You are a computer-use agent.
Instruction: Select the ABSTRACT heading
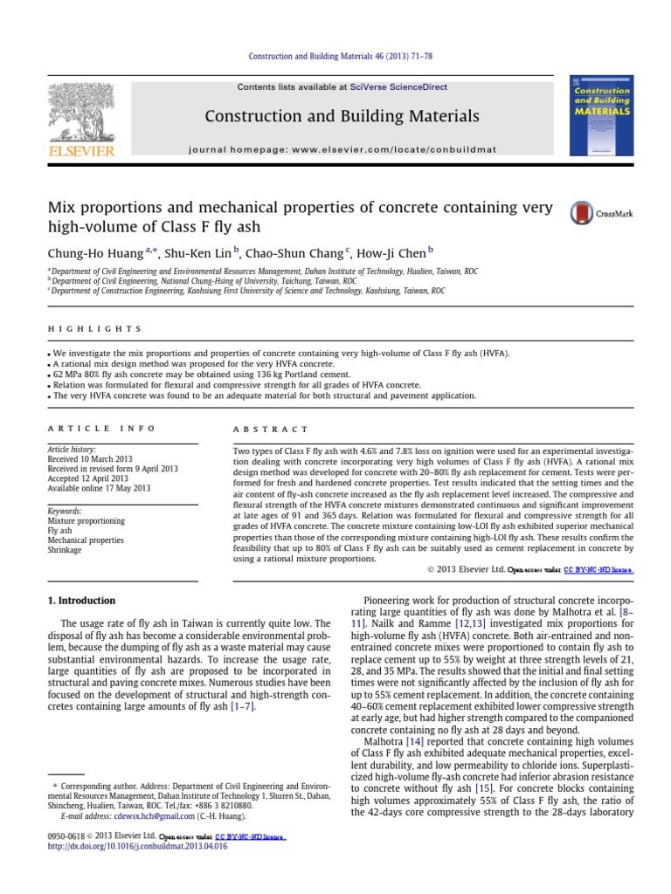click(x=271, y=430)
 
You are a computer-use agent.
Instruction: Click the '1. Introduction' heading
click(x=80, y=601)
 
